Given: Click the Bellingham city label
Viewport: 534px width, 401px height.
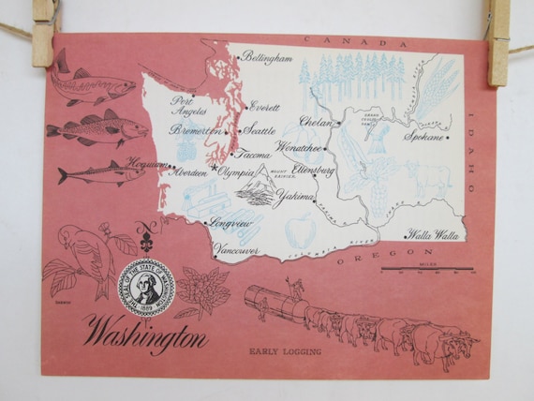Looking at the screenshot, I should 267,58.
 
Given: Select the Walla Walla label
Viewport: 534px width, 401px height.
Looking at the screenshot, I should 432,236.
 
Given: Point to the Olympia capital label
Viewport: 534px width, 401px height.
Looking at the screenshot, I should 238,172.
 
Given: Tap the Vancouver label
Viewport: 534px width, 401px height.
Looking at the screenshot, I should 236,251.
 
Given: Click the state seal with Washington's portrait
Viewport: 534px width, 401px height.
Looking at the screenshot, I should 145,288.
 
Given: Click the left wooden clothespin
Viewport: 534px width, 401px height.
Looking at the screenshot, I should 43,32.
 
